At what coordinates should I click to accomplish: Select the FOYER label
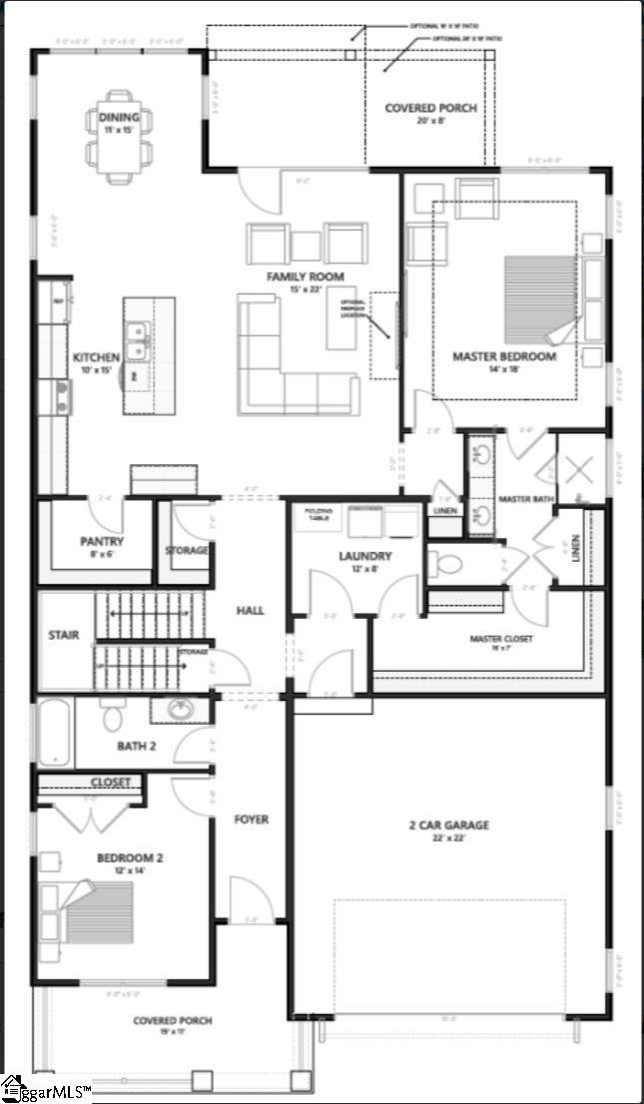252,820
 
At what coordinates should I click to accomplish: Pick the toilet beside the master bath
446,563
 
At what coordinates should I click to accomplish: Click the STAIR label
64,635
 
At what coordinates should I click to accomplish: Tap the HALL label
251,610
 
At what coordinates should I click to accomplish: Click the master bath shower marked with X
580,467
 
